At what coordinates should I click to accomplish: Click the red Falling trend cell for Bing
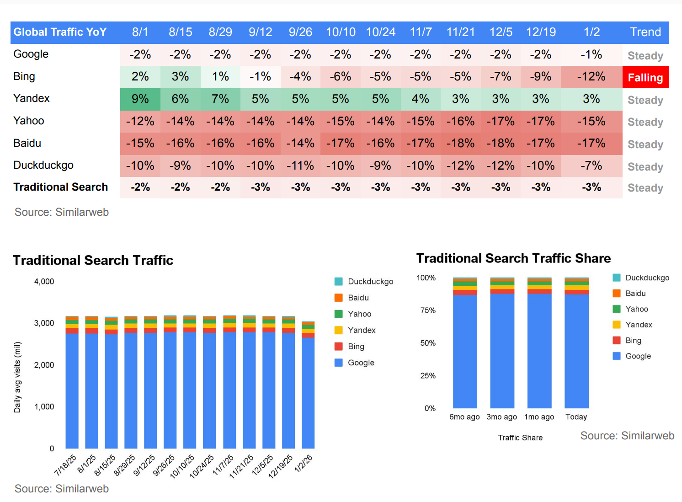(645, 77)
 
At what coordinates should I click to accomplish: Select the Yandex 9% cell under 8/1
(140, 99)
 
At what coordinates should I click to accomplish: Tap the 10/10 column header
(341, 32)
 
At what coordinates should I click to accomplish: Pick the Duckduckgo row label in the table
(43, 165)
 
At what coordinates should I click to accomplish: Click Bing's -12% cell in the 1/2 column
(591, 77)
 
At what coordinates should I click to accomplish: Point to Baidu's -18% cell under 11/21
(460, 144)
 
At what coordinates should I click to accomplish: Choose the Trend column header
(645, 32)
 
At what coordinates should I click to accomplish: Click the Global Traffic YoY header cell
(60, 32)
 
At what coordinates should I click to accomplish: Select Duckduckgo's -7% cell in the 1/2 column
(591, 166)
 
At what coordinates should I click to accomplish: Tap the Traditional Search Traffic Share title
(513, 258)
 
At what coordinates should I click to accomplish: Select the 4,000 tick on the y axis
(44, 282)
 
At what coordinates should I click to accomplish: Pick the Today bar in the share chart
(576, 347)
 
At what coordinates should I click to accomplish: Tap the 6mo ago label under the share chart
(464, 417)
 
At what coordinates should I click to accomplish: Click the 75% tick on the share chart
(428, 310)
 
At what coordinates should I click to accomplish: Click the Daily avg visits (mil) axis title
(17, 377)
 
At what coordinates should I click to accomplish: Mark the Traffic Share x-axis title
(520, 438)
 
